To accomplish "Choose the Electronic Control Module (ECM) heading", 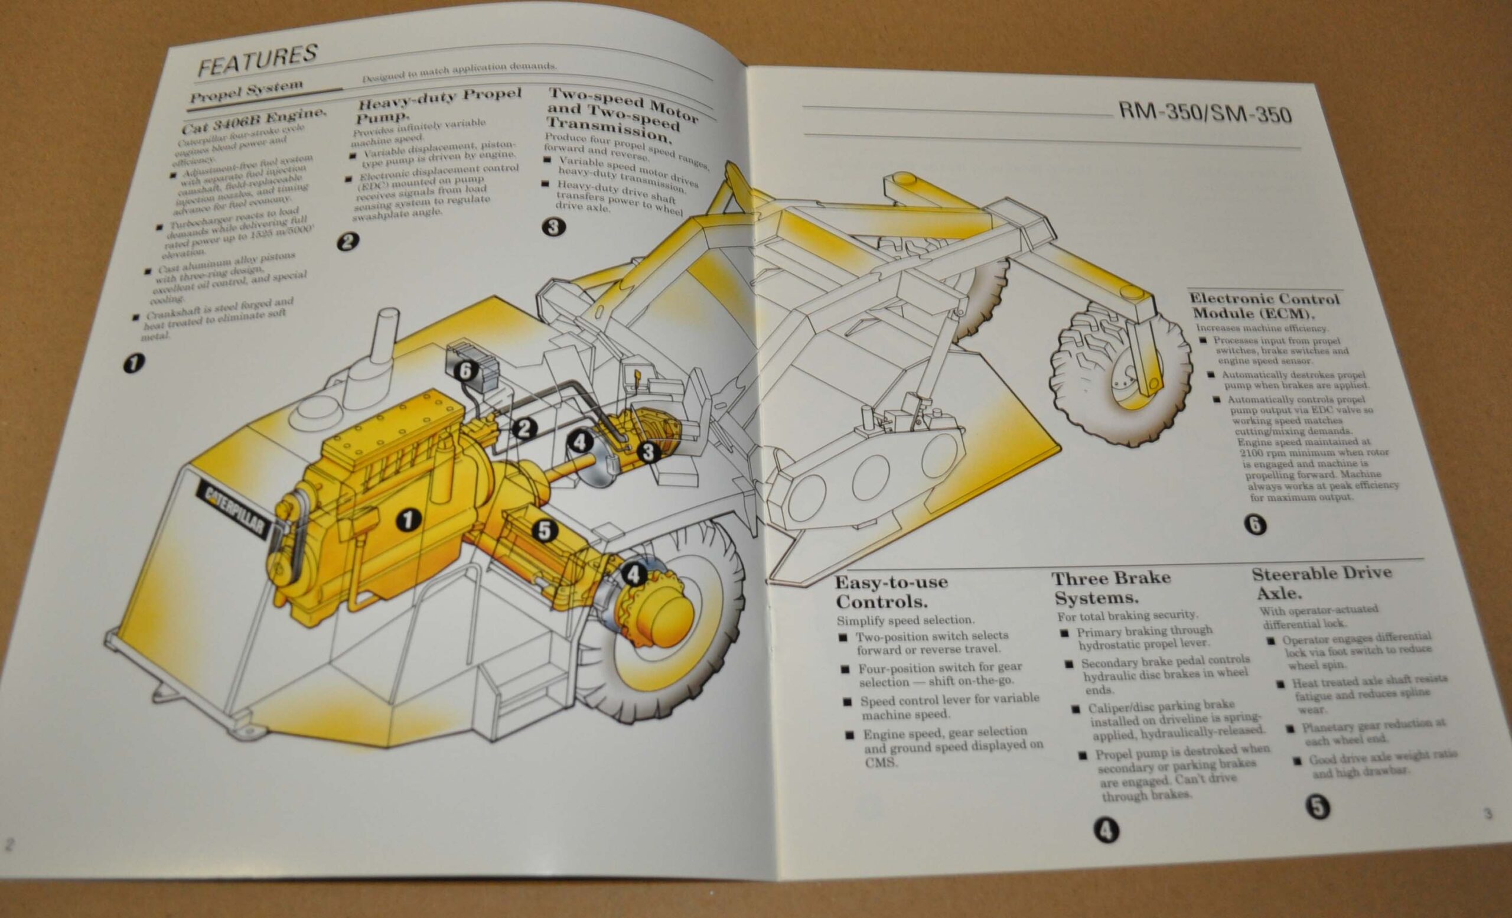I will click(1264, 306).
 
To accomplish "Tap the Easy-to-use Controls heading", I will click(892, 591).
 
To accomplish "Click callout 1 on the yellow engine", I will click(408, 520).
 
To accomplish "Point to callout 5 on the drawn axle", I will click(545, 530).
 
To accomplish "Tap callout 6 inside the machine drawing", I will click(467, 370).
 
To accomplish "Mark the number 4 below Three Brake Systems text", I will click(1106, 831).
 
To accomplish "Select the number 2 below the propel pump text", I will click(347, 241).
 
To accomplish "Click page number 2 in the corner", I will click(9, 844).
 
